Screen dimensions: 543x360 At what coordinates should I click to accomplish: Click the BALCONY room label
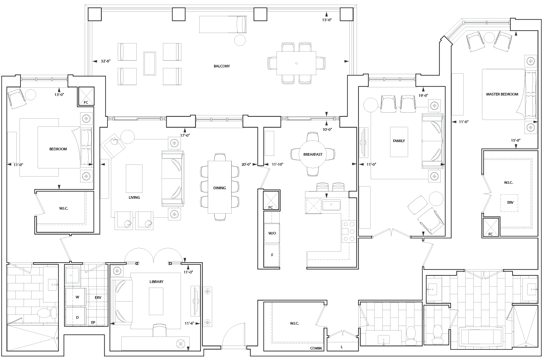tap(222, 66)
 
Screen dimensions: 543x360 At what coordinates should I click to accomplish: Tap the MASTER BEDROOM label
tap(502, 94)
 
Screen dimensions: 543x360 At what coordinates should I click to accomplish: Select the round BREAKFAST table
tap(313, 154)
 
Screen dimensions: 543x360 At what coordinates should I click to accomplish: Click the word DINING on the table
tap(219, 188)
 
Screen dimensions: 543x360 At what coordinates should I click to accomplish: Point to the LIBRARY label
tap(157, 282)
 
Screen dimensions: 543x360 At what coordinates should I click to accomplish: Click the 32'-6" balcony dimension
tap(106, 61)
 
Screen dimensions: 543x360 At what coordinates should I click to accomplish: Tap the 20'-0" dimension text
tap(246, 164)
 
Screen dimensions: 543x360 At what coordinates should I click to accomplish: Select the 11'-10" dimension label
tap(277, 164)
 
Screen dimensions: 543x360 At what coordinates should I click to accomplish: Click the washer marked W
tap(76, 297)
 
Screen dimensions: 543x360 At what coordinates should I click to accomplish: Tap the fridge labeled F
tap(272, 255)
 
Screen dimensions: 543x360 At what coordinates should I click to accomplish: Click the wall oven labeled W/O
tap(272, 233)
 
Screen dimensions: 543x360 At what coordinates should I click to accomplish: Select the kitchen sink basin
tap(331, 205)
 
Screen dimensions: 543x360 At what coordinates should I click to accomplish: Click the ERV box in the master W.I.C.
tap(510, 203)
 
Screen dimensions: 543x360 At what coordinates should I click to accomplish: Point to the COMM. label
tap(316, 348)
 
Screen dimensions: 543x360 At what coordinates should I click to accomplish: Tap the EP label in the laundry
tap(93, 322)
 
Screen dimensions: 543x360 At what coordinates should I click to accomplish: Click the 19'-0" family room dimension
tap(423, 96)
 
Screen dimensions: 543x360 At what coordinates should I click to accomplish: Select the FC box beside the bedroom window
tap(86, 96)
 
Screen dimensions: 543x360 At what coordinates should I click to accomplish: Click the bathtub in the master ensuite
tap(481, 336)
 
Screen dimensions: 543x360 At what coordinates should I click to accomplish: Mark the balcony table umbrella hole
tap(296, 63)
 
